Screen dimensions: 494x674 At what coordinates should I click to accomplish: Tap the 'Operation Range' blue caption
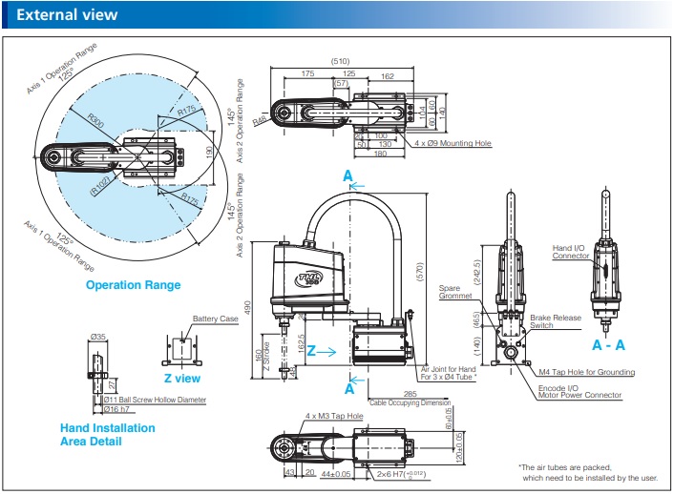(133, 284)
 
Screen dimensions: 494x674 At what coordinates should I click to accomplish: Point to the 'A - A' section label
(609, 343)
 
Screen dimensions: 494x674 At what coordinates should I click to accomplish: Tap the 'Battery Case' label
(215, 319)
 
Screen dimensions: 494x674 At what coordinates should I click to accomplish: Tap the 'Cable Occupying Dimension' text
(411, 401)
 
